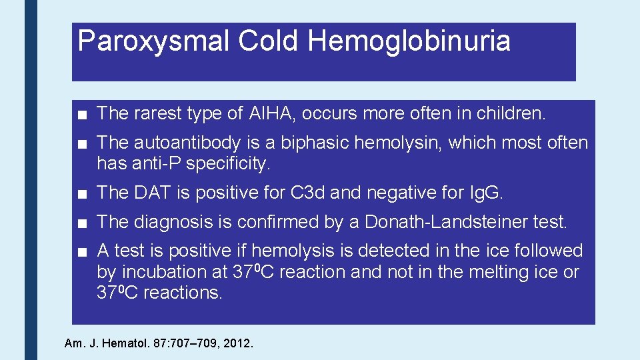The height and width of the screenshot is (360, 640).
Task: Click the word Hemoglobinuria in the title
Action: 409,41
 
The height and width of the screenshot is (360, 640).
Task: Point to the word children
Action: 511,113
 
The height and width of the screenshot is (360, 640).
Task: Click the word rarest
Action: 158,113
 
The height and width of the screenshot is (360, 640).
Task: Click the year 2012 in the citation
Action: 239,344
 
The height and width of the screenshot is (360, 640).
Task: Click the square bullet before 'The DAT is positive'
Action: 81,193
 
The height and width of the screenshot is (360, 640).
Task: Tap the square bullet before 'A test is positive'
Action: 81,251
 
